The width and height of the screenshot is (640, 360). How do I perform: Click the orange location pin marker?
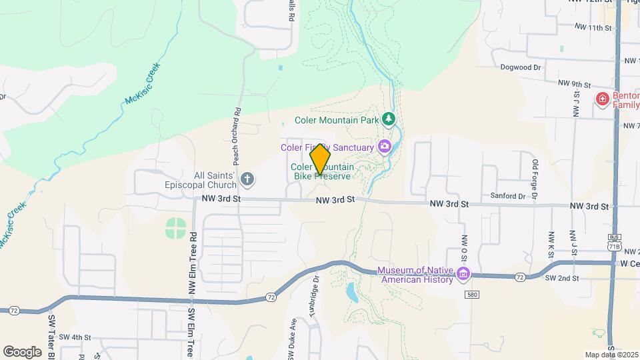[x=321, y=160]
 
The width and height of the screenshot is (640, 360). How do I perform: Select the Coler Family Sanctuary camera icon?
[x=385, y=146]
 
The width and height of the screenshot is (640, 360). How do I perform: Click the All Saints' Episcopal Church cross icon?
[x=247, y=179]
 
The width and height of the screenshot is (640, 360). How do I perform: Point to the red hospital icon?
[x=603, y=99]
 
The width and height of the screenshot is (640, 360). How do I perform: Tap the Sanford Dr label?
[x=522, y=196]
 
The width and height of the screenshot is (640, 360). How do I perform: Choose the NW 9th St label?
[x=576, y=85]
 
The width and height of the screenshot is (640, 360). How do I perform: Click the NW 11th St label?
[x=593, y=28]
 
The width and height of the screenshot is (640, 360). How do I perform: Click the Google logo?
[x=22, y=352]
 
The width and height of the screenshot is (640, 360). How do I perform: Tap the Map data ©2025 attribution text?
[x=610, y=355]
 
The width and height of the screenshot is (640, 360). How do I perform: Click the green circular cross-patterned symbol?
[x=176, y=228]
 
